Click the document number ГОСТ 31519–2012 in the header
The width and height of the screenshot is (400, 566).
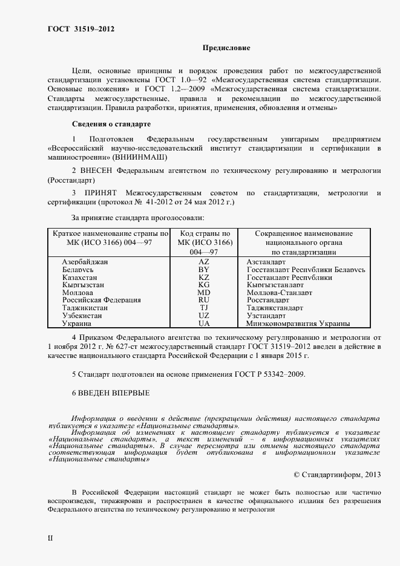[80, 29]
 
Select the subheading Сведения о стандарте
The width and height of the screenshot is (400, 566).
[111, 124]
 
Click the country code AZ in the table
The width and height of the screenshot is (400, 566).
[204, 261]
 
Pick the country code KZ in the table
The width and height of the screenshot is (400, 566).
[204, 276]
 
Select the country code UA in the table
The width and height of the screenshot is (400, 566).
[204, 324]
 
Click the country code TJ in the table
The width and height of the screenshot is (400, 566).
[204, 308]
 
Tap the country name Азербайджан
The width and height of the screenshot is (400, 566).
[85, 261]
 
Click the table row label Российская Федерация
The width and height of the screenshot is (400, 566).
[101, 300]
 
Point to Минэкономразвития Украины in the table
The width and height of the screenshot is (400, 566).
[298, 324]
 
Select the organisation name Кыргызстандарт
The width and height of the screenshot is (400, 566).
[275, 284]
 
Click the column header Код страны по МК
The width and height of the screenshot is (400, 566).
[204, 233]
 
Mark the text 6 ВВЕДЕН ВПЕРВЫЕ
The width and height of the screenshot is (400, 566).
[110, 393]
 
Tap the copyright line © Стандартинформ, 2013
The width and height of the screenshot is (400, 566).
[346, 475]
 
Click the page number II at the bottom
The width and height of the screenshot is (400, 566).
[51, 537]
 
